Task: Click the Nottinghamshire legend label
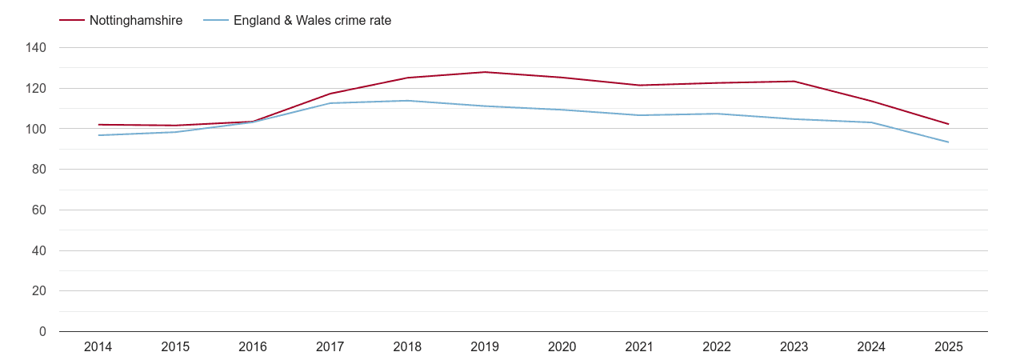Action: click(x=136, y=21)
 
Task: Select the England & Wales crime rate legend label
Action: click(x=312, y=21)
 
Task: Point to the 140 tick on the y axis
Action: click(x=36, y=48)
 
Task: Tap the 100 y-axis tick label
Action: click(x=36, y=129)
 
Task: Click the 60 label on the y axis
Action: click(x=39, y=210)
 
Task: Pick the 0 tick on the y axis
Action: click(x=42, y=332)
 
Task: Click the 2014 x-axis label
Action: click(x=98, y=347)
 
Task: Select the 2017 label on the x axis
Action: click(x=330, y=347)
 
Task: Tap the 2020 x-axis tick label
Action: click(x=562, y=347)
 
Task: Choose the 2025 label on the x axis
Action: click(x=948, y=347)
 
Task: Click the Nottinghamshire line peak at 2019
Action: click(x=485, y=72)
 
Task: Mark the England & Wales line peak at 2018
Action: click(x=407, y=101)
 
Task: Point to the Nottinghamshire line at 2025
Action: click(x=948, y=124)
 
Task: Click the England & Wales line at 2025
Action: click(x=948, y=142)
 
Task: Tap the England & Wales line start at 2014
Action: click(x=98, y=135)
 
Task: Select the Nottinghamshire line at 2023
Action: click(x=794, y=81)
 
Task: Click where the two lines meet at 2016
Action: click(x=253, y=122)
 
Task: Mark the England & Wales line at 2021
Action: click(x=639, y=115)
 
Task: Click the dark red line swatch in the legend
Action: click(x=72, y=21)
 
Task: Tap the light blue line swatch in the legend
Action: click(x=216, y=21)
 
